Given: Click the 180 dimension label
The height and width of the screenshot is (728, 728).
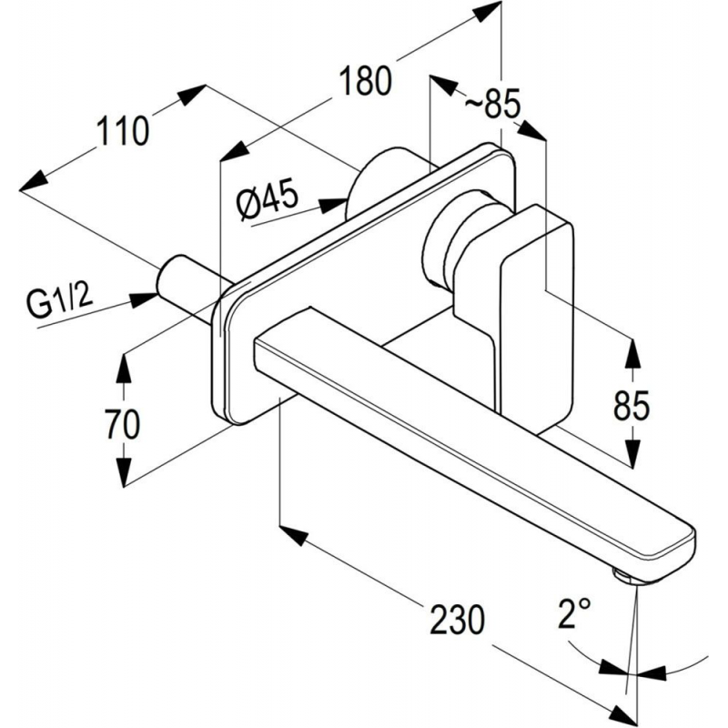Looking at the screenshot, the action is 366,80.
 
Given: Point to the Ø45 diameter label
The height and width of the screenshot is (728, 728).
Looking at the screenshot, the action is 267,200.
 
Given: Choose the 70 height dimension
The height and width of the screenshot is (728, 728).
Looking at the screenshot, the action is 123,423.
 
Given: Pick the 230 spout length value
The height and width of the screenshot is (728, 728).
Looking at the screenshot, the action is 457,619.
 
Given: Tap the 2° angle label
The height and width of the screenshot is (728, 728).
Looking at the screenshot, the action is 575,612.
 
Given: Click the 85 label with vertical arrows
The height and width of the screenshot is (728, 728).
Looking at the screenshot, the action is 632,405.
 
